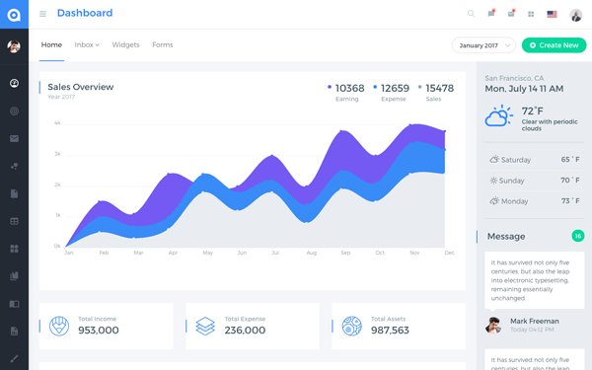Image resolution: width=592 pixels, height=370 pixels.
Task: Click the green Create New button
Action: [554, 45]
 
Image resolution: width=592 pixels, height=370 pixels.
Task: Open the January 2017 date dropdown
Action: [484, 45]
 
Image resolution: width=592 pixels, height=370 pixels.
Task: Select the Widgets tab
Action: [125, 45]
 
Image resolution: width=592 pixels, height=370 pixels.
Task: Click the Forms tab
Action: [163, 45]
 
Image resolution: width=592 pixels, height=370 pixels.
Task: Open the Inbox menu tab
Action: [87, 45]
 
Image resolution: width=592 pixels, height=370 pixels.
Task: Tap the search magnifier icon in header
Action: [471, 14]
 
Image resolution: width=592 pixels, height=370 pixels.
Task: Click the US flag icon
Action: [552, 14]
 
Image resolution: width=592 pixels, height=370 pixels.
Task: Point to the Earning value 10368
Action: [349, 88]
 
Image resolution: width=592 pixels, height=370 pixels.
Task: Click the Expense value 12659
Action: [395, 88]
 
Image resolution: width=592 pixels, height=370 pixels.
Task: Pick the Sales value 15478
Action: [439, 88]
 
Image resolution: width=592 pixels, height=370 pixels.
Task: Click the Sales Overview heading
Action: [80, 87]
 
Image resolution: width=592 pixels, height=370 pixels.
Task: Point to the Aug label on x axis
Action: [311, 254]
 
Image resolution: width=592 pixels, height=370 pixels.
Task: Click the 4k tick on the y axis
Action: [57, 123]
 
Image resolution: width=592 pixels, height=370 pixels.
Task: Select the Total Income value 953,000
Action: [99, 331]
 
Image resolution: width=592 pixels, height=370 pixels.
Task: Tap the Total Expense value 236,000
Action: [245, 331]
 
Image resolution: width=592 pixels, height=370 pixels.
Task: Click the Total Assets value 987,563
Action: [389, 331]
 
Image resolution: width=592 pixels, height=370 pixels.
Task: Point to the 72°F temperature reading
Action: [533, 111]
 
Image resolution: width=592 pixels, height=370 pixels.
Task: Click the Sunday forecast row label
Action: [512, 181]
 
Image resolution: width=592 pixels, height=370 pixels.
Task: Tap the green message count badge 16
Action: [578, 236]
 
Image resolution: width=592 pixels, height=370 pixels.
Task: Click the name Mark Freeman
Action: [535, 321]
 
